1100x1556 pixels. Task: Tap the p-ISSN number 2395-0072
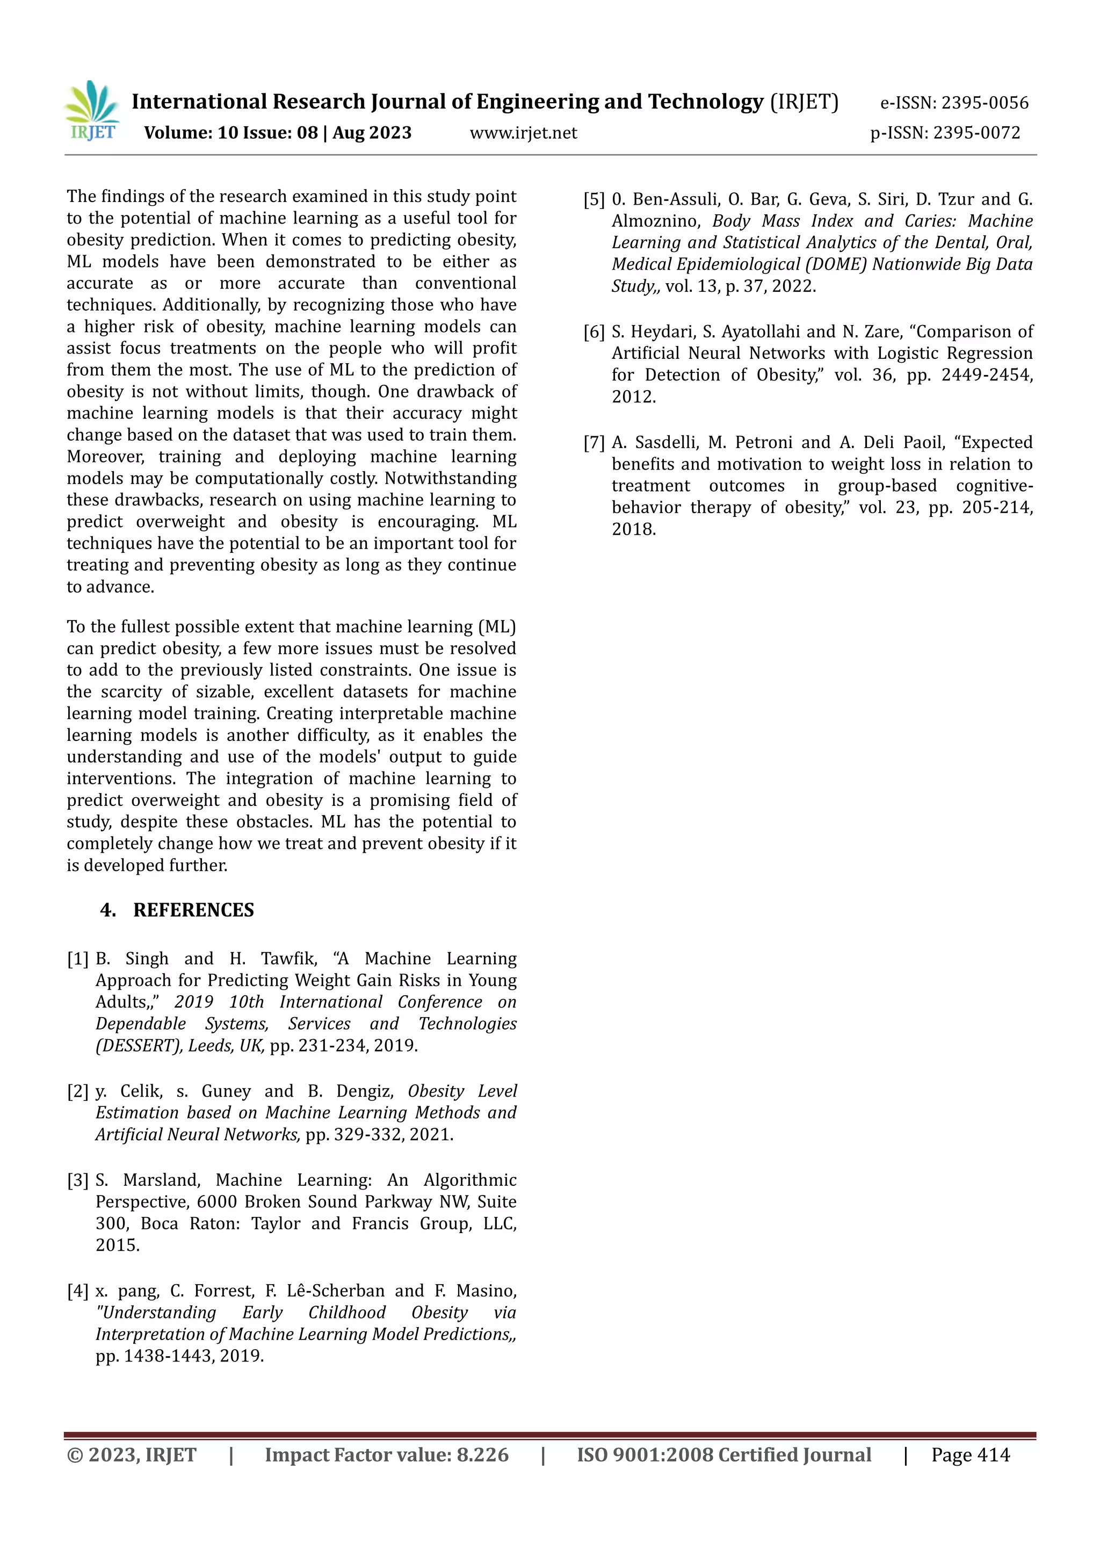976,133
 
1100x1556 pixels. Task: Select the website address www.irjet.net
523,133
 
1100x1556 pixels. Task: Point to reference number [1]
78,959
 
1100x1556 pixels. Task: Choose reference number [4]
78,1291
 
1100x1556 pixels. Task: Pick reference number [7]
594,443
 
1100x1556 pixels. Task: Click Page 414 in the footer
970,1455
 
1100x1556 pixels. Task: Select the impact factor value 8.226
482,1455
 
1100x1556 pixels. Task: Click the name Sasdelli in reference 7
666,443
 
